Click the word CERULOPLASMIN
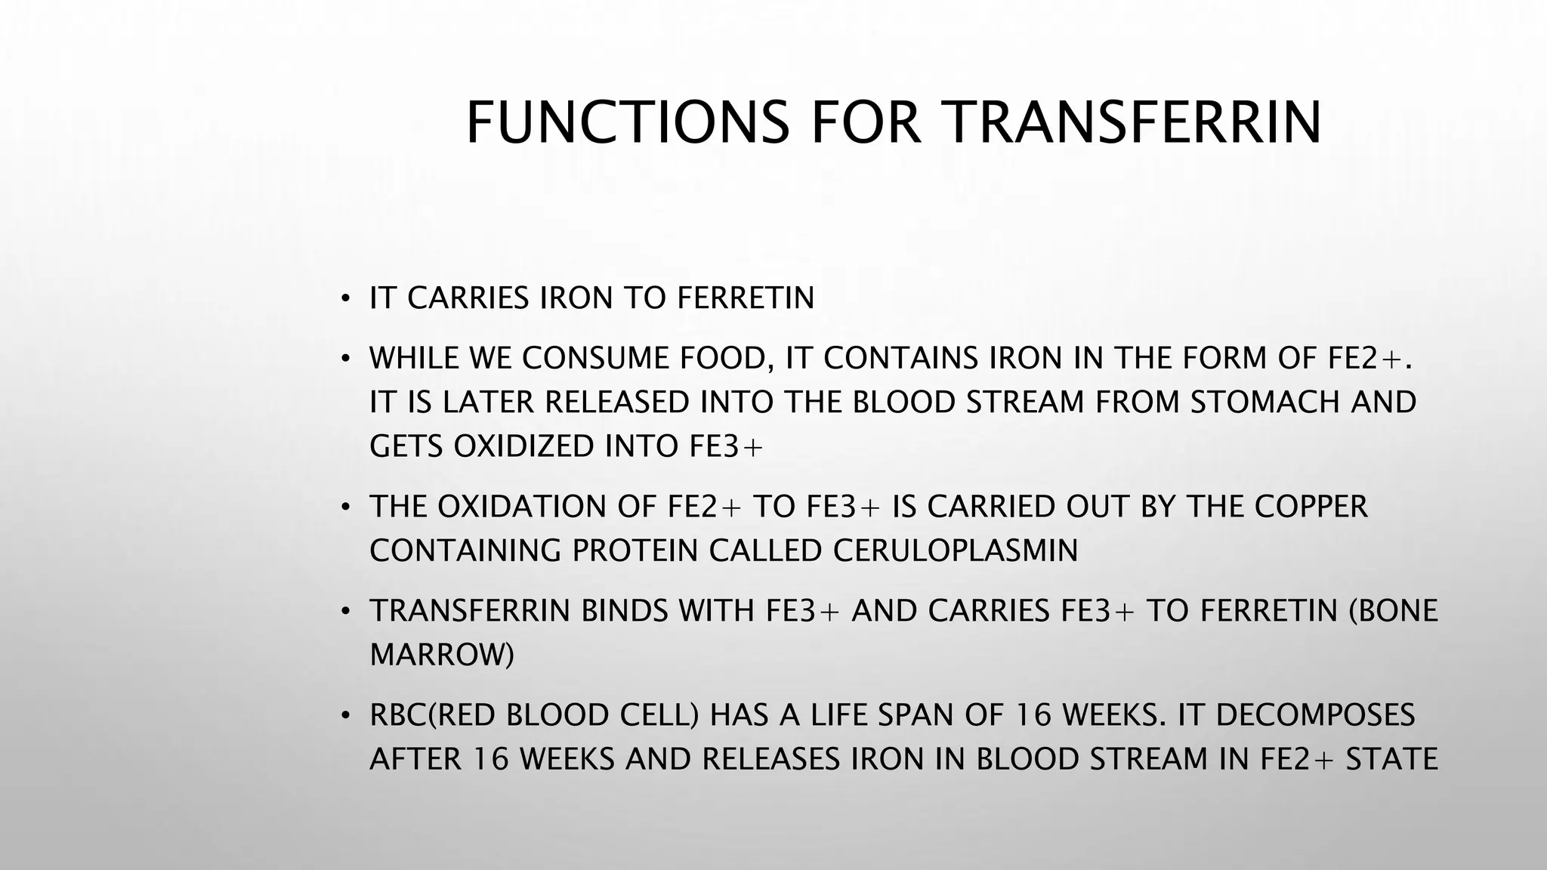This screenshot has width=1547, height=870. pyautogui.click(x=956, y=551)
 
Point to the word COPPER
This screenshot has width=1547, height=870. pyautogui.click(x=1311, y=506)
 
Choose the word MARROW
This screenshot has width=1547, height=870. pyautogui.click(x=442, y=654)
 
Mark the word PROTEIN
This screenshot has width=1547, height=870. pyautogui.click(x=635, y=551)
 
